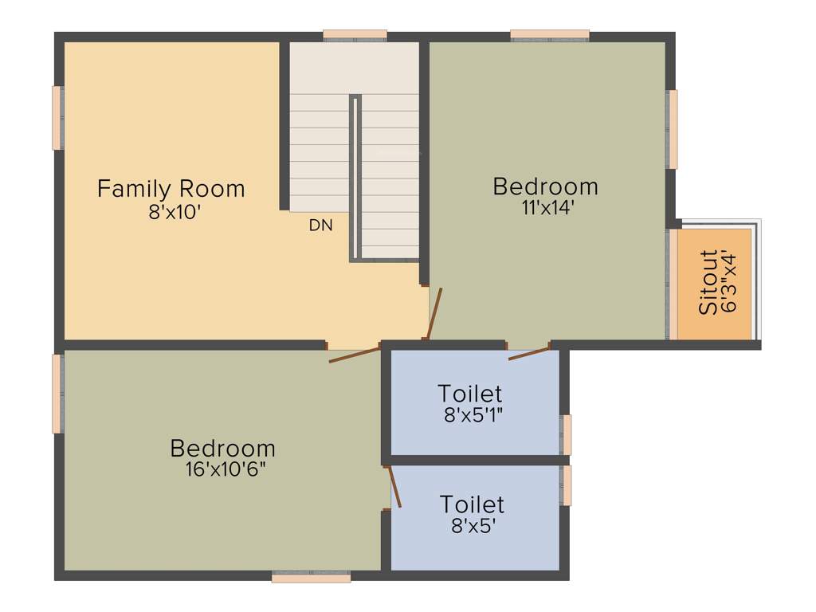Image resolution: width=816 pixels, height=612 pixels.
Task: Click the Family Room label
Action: click(171, 189)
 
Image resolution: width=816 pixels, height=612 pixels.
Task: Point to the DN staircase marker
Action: click(320, 226)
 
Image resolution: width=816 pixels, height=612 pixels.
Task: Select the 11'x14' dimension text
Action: click(545, 207)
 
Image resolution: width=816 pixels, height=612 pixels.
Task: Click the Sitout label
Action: click(708, 282)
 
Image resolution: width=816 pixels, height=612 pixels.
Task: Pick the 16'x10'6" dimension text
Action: click(225, 469)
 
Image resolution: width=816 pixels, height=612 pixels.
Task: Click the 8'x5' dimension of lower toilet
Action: click(473, 525)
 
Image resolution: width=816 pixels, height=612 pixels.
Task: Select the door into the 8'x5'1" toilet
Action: click(529, 352)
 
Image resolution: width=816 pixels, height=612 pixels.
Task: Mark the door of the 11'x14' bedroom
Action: click(433, 312)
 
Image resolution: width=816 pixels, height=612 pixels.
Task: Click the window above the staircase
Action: click(355, 35)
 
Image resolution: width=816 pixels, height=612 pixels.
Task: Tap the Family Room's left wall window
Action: click(57, 117)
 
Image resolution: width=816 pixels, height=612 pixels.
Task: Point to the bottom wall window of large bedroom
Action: click(311, 577)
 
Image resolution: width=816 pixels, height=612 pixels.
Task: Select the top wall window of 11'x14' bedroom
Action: click(550, 35)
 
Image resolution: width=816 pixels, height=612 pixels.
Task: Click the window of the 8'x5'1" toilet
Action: click(567, 434)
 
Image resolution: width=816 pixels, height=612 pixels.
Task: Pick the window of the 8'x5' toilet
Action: click(567, 485)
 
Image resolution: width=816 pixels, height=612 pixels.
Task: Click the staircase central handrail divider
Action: click(355, 177)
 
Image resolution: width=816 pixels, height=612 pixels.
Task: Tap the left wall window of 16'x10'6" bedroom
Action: click(57, 394)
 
